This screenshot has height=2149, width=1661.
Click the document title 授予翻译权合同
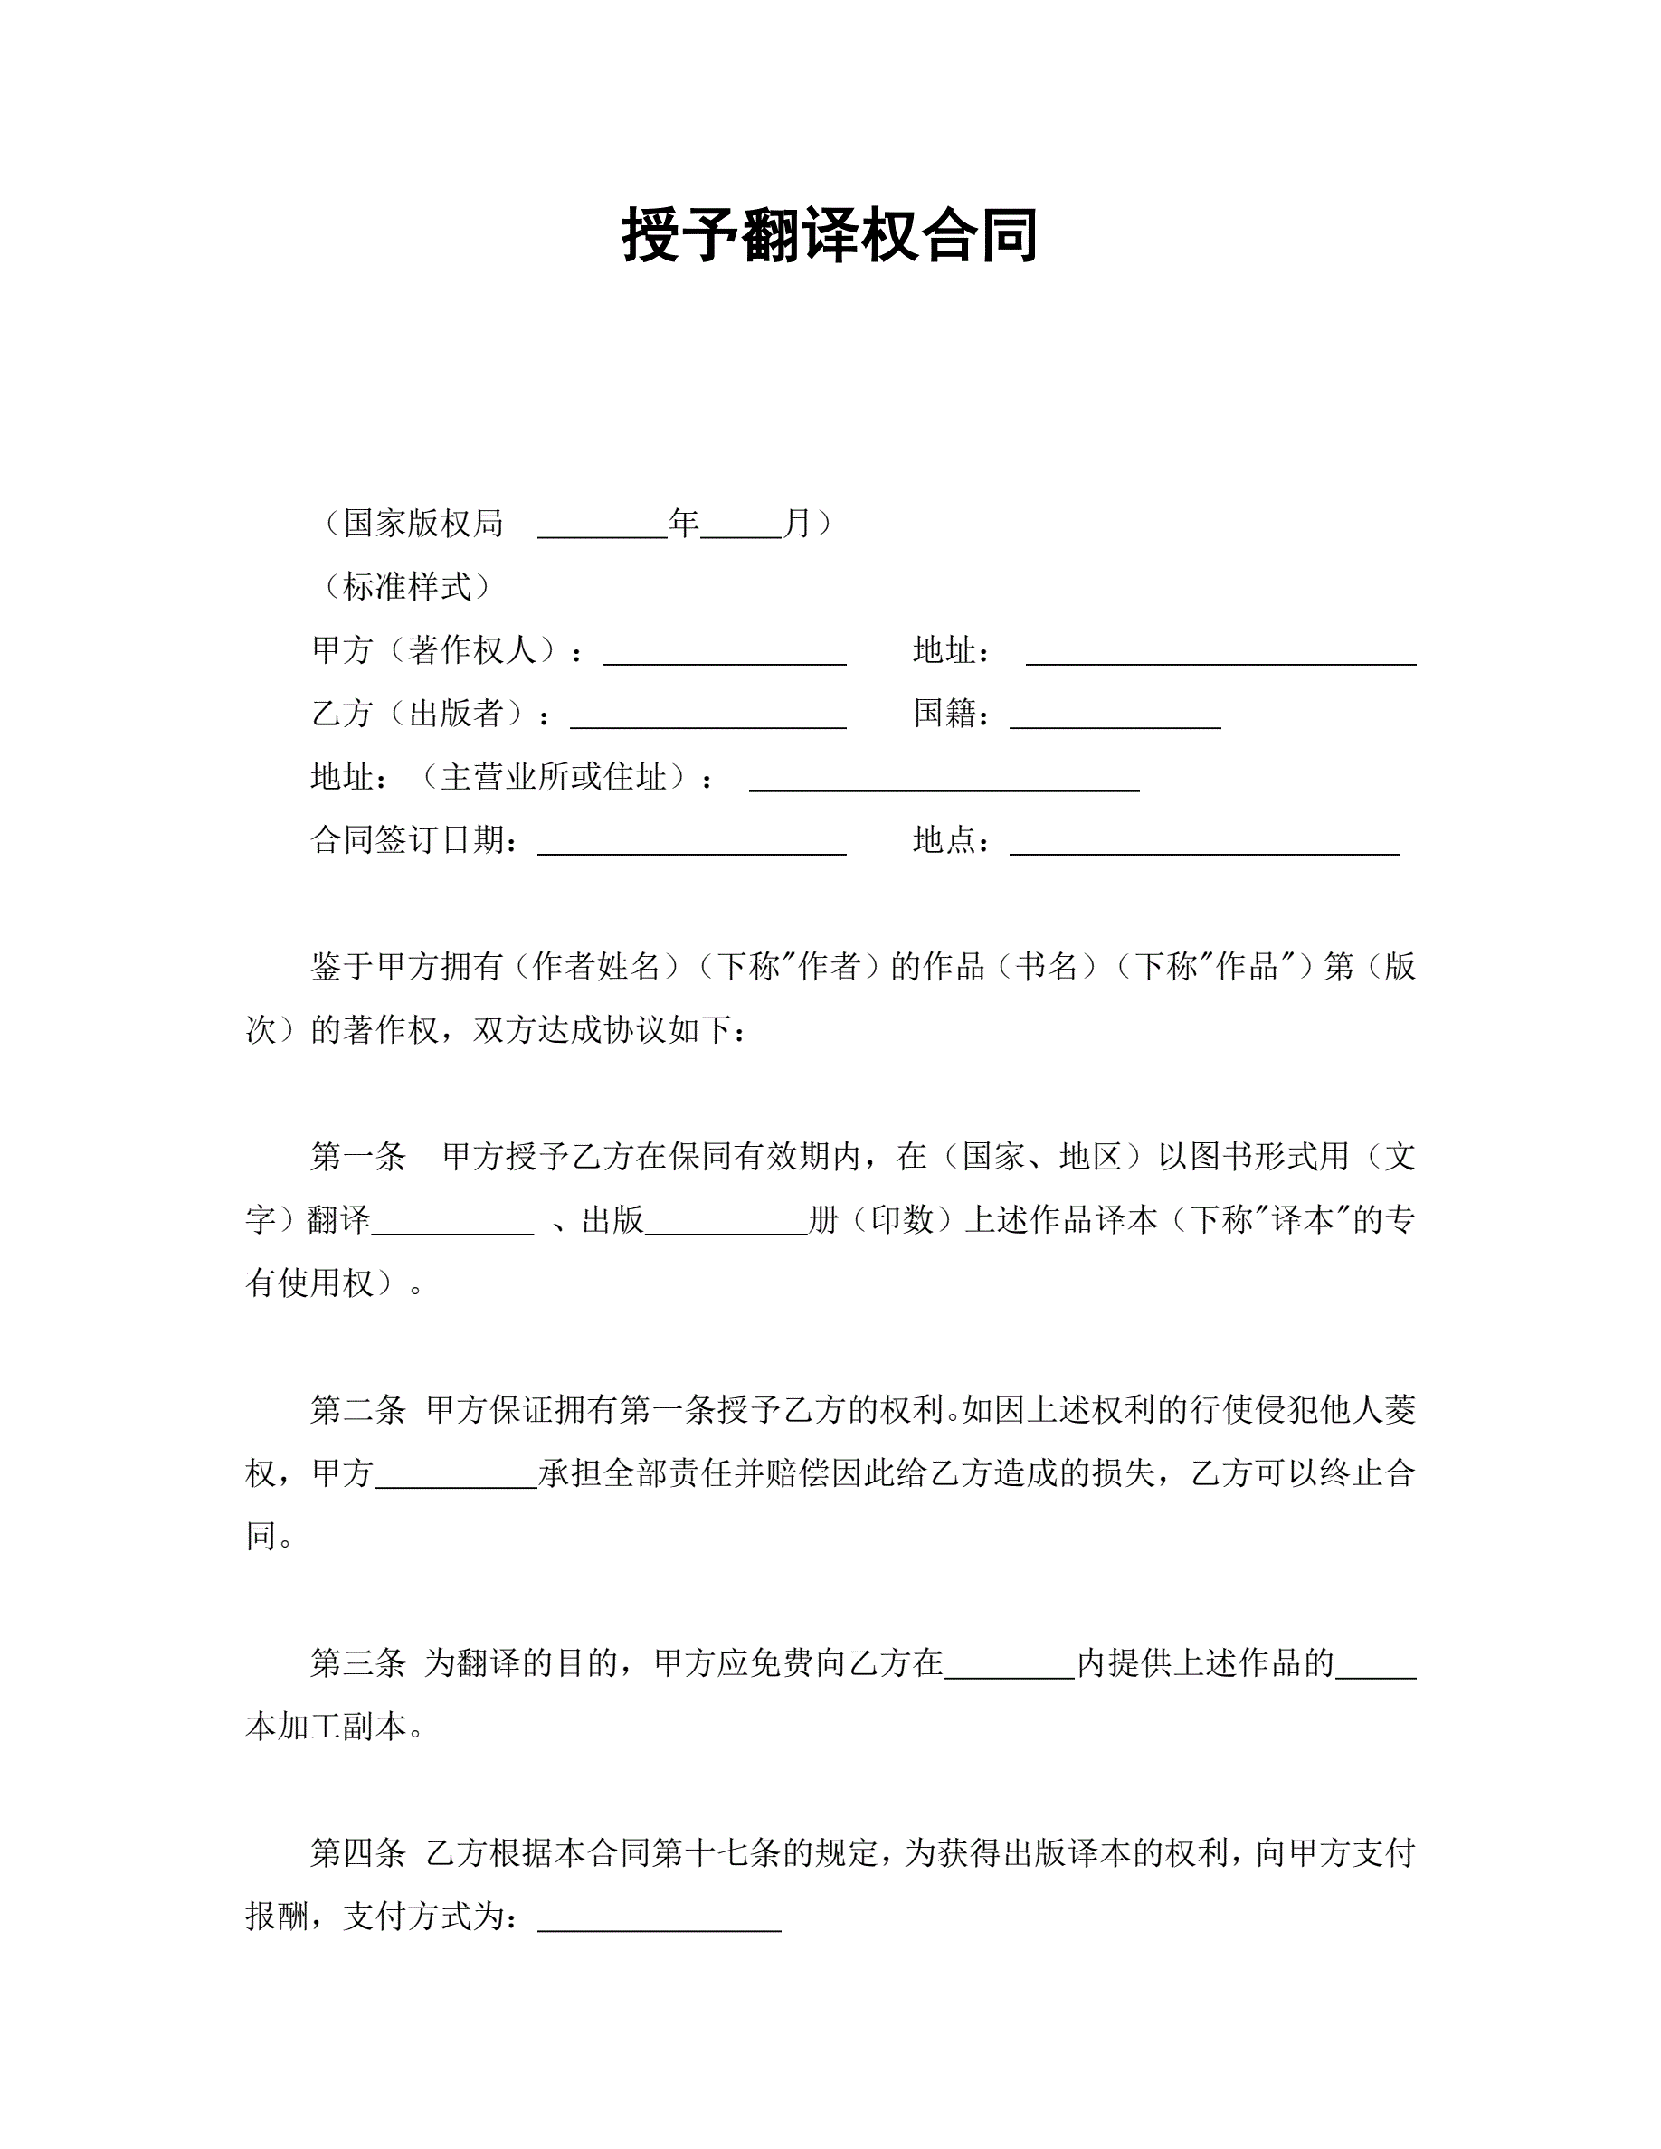click(830, 235)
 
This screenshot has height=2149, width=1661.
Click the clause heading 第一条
click(358, 1155)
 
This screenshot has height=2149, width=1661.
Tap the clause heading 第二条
click(358, 1409)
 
